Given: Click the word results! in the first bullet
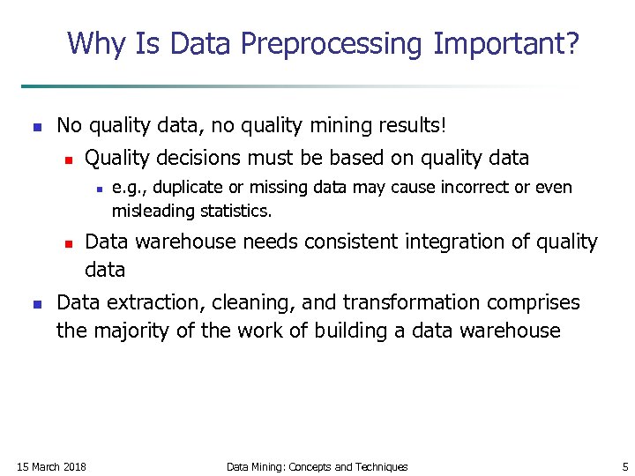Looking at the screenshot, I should (413, 126).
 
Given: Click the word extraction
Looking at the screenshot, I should (149, 303).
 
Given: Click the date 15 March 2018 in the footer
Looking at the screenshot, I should (52, 466).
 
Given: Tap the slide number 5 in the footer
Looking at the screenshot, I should (624, 466).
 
